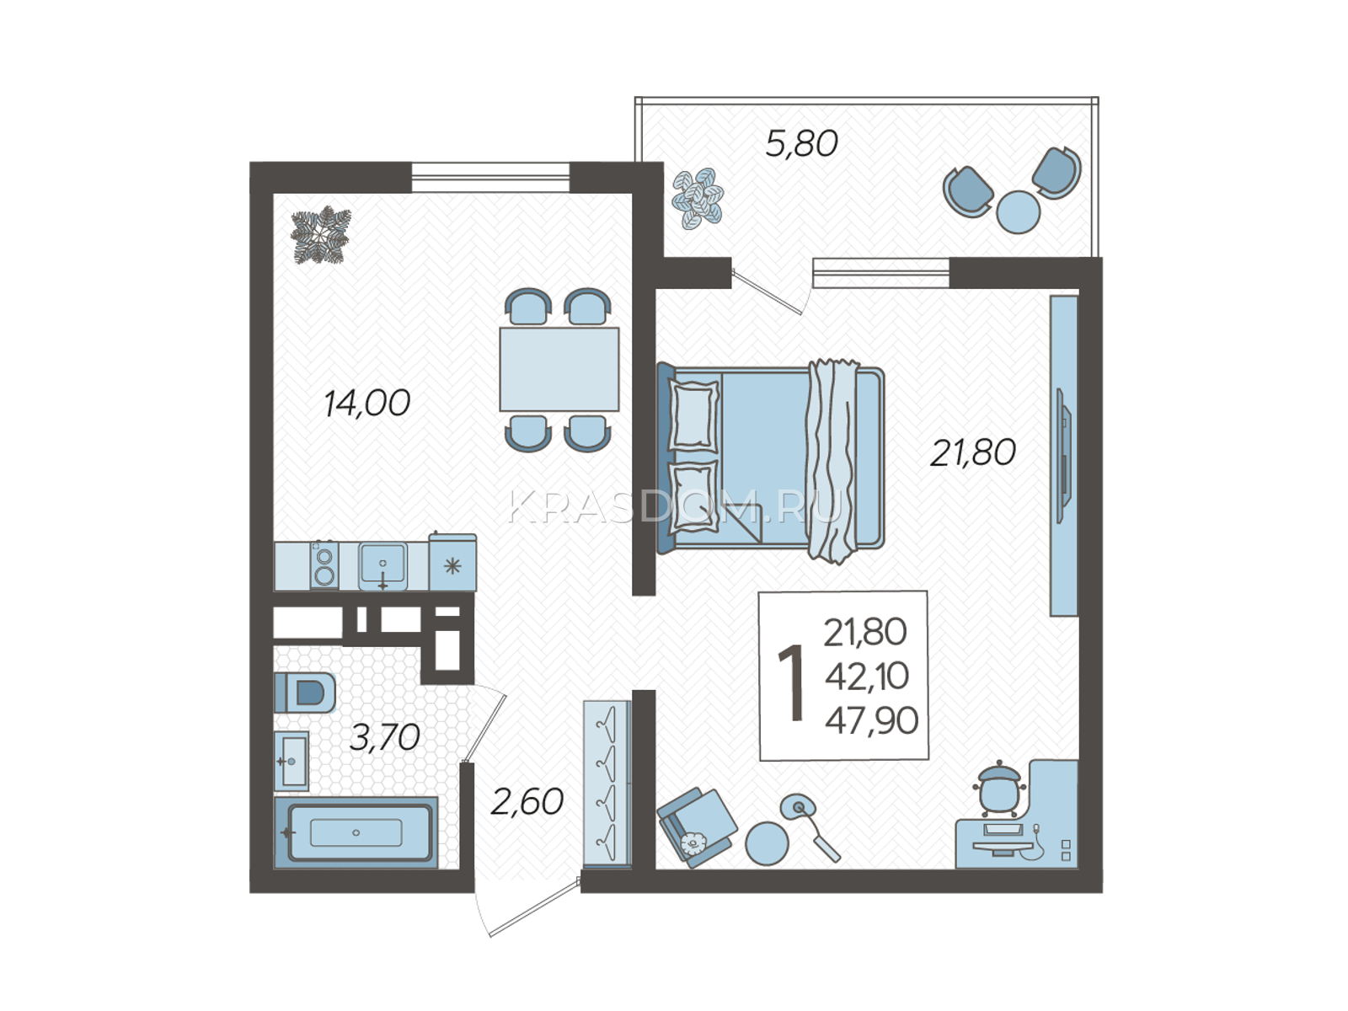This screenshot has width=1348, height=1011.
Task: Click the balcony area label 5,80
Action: coord(801,144)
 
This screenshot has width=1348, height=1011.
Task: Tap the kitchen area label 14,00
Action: coord(366,404)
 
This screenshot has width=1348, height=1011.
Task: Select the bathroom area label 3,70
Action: coord(384,736)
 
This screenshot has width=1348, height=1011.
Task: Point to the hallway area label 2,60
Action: coord(527,802)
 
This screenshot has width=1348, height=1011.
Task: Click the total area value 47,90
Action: coord(871,720)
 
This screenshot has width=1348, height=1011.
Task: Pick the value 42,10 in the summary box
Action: coord(867,676)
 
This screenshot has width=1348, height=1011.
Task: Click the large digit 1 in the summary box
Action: coord(792,682)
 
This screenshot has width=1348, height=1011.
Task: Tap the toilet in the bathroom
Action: coord(305,693)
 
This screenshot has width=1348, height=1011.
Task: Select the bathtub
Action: coord(356,832)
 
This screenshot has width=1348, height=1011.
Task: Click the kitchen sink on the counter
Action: coord(382,565)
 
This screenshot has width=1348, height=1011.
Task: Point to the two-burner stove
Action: coord(324,565)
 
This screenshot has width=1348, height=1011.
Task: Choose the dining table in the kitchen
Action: coord(559,369)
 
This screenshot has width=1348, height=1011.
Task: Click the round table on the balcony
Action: coord(1018,211)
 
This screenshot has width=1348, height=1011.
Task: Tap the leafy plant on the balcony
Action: coord(698,198)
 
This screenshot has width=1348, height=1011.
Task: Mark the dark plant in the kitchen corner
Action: coord(321,235)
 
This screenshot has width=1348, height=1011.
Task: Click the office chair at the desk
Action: coord(999,789)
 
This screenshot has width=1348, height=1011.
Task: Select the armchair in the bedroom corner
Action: coord(698,827)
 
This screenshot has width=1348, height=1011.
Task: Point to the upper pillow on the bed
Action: coord(693,415)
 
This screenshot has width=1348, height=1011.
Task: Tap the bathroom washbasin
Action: coord(292,761)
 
